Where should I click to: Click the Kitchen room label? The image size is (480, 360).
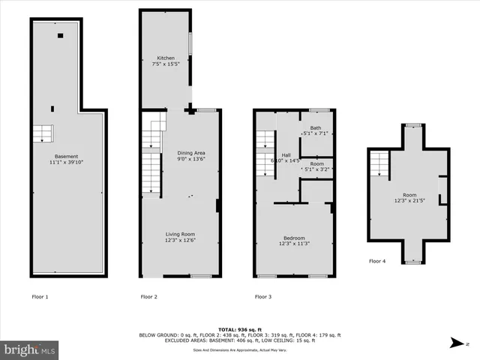(166, 58)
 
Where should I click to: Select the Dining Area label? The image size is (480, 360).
(191, 153)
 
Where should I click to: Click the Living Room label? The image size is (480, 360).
(181, 234)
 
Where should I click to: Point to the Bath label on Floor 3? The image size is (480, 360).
(316, 128)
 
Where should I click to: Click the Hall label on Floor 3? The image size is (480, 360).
(286, 154)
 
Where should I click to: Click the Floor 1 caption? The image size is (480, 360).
(40, 297)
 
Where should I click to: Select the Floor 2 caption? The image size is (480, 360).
(148, 297)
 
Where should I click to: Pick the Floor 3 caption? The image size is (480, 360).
(263, 297)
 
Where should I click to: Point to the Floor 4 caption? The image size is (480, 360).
(378, 262)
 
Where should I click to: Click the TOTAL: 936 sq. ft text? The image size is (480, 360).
(237, 329)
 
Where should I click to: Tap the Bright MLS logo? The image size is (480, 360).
(29, 349)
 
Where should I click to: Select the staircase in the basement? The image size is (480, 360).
(42, 134)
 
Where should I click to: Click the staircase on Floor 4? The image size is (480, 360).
(381, 162)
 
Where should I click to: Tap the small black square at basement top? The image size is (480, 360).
(60, 34)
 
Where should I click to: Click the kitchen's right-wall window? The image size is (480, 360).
(189, 43)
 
